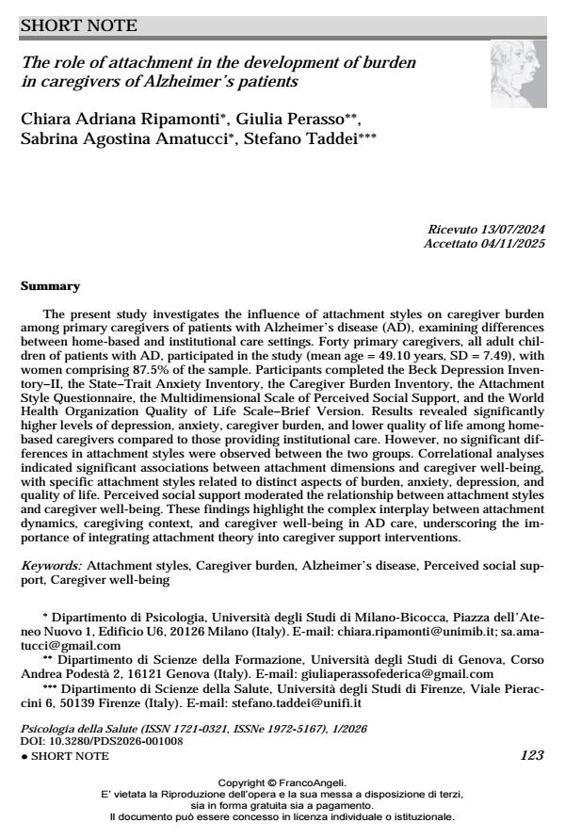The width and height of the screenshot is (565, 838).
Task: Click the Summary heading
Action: tap(50, 286)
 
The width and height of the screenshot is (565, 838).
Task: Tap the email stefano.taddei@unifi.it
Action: tap(305, 703)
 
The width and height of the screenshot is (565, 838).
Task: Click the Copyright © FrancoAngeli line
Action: tap(282, 782)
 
